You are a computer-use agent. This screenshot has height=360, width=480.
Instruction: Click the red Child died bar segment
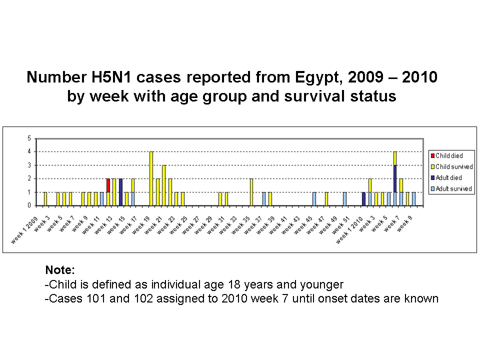point(108,185)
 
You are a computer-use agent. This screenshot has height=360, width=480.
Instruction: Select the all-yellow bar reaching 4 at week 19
point(151,178)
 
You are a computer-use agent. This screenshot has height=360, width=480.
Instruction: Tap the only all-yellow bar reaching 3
point(164,185)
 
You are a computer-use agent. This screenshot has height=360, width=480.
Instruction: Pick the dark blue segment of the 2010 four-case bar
point(395,179)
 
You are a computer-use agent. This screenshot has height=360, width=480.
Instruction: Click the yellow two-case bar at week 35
point(251,192)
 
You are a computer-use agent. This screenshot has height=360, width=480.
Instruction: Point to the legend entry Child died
point(447,156)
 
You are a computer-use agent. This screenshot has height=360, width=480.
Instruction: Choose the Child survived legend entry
point(452,167)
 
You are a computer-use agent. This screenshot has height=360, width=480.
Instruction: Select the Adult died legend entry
point(446,178)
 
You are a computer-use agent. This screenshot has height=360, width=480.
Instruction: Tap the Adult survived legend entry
point(451,189)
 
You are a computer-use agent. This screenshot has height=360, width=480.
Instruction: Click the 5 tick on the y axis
point(29,138)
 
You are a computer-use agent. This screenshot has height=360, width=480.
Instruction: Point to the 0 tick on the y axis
point(29,205)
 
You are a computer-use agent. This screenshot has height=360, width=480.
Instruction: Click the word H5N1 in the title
point(111,77)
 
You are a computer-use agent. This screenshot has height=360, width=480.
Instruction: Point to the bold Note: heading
point(60,270)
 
